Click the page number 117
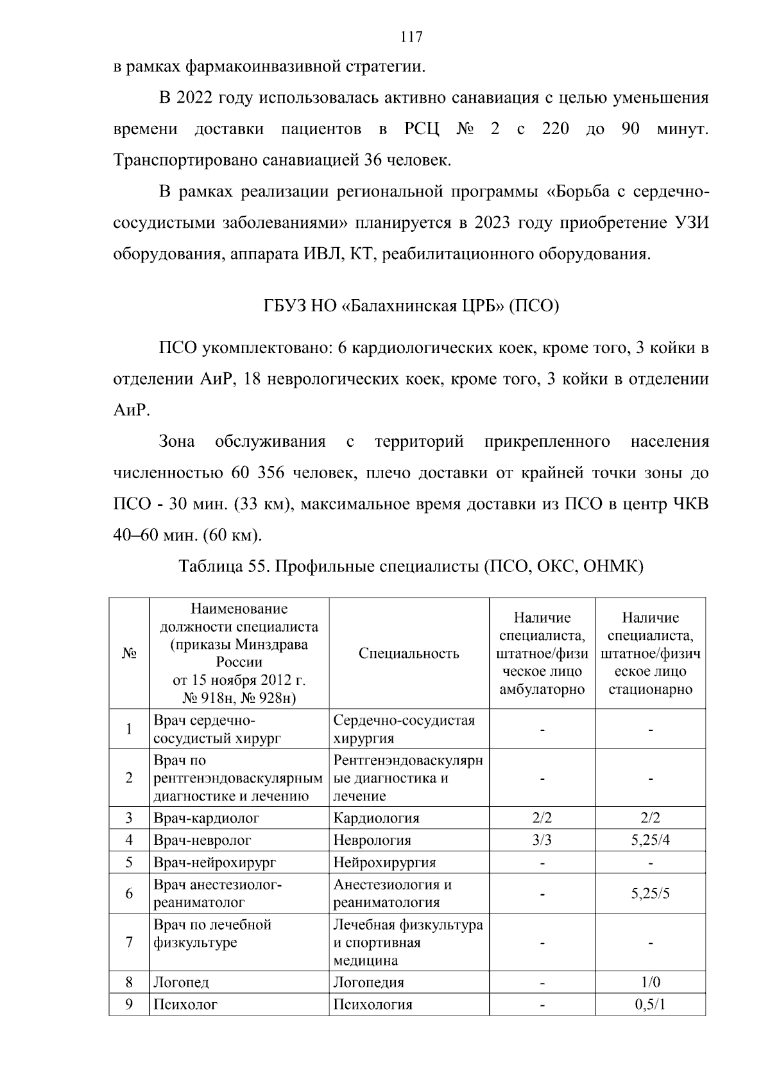coord(411,37)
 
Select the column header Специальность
coord(409,653)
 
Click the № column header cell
coord(129,653)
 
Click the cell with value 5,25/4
coord(650,840)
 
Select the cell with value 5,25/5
coord(650,893)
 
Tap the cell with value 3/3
coord(542,840)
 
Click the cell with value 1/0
coord(650,982)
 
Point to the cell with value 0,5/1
coord(650,1004)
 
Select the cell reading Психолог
coord(185,1004)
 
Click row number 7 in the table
coord(129,942)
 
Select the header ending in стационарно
coord(650,653)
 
